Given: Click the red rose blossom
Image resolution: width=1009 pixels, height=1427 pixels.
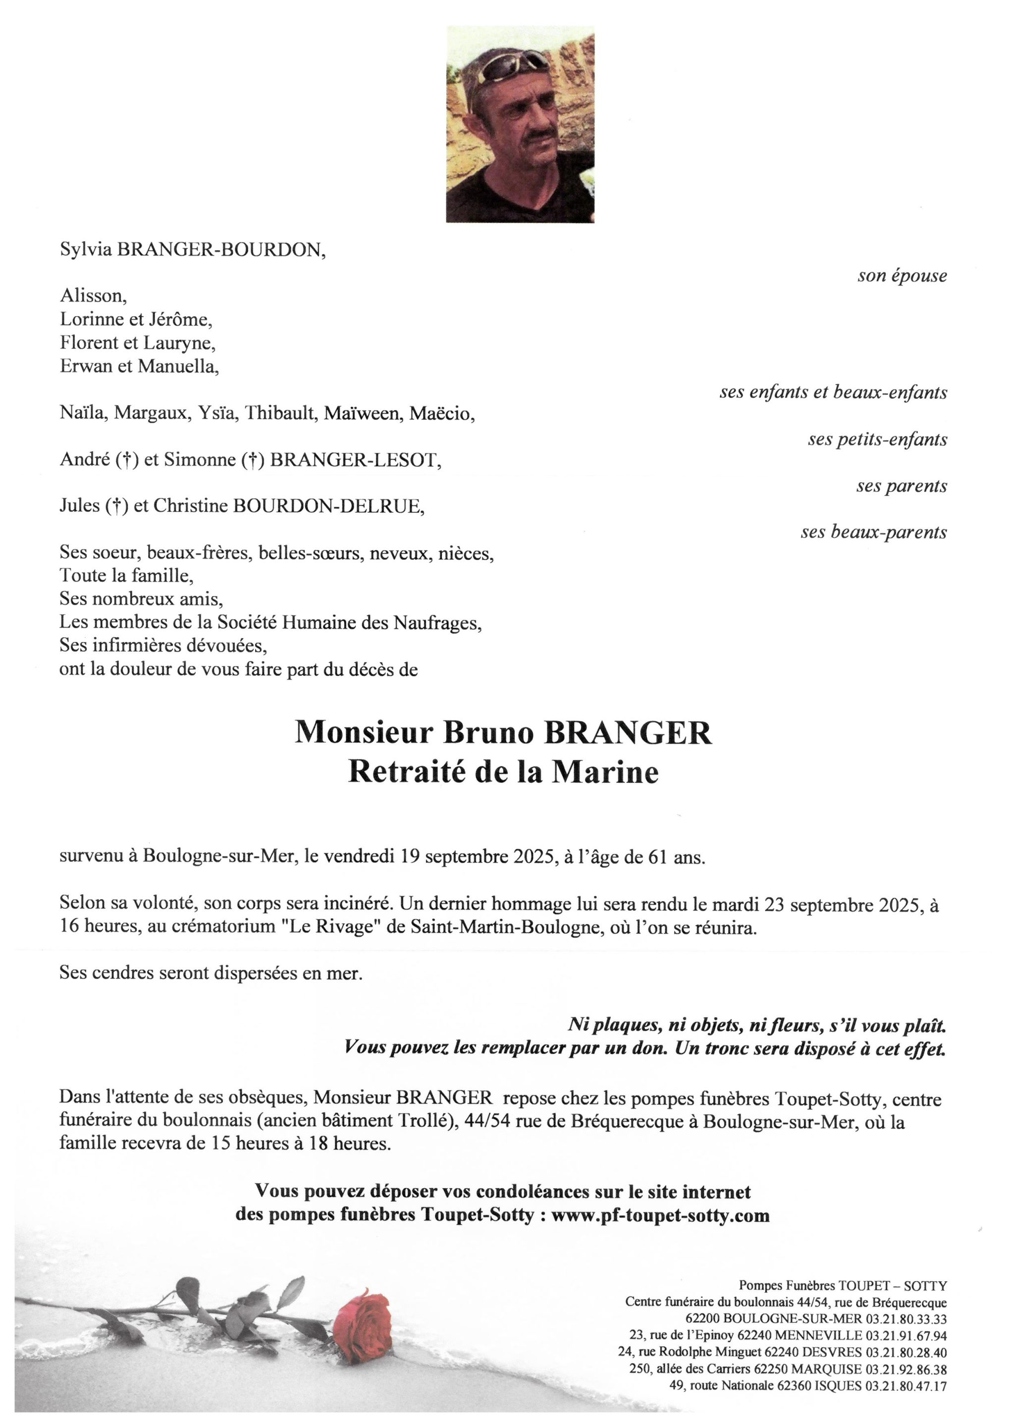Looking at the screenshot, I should point(362,1324).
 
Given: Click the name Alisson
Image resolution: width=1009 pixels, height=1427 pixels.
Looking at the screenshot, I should point(93,296).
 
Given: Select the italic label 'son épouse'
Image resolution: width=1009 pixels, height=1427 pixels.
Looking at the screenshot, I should point(902,276).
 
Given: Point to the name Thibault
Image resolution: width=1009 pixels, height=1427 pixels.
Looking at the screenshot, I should point(281,413).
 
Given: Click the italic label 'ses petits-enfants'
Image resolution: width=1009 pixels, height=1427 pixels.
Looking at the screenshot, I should point(877,439).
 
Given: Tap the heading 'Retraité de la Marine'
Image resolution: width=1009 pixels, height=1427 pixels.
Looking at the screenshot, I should point(503,772).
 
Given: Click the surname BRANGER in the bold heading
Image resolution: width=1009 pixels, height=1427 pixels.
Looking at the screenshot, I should point(628,733).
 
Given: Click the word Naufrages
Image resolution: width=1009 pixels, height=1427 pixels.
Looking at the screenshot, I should point(437,623).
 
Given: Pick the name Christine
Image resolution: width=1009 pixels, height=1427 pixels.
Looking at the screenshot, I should point(191,506).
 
